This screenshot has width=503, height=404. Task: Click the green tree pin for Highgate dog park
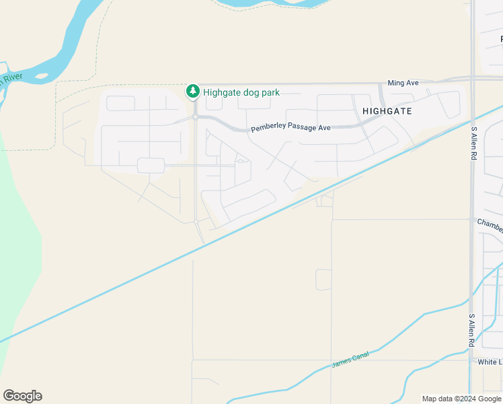(193, 91)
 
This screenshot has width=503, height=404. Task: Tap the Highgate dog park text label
(241, 92)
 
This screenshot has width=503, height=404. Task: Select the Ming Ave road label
(403, 83)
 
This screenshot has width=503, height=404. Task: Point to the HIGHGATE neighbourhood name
(387, 110)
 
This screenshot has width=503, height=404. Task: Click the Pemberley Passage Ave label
(291, 128)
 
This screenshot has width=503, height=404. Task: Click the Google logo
(22, 396)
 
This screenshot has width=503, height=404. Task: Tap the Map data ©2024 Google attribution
(462, 399)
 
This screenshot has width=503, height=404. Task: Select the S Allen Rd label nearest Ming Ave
(474, 143)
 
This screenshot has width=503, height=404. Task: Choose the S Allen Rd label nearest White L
(472, 330)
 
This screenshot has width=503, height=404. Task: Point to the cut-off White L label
(490, 362)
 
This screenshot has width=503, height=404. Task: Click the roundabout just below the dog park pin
(195, 117)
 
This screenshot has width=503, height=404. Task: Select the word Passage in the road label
(302, 127)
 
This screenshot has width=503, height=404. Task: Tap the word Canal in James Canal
(361, 358)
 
